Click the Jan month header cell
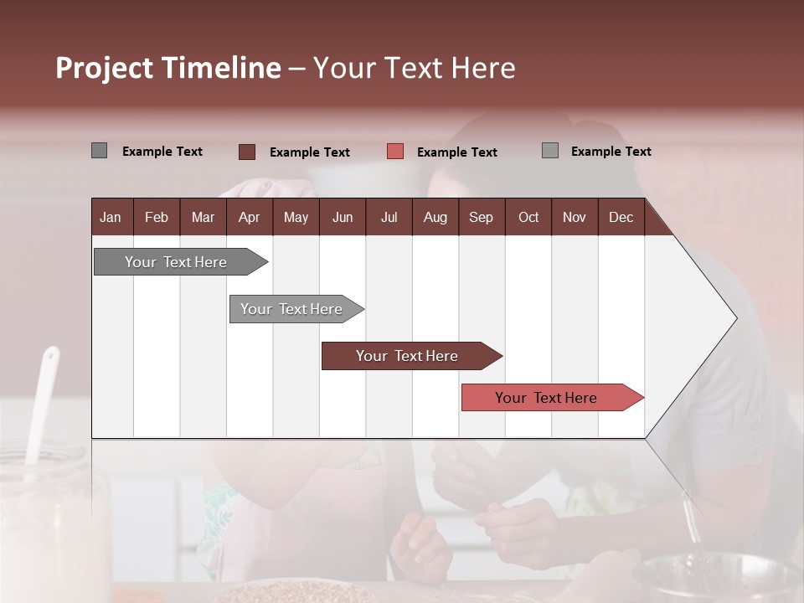(111, 218)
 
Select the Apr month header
(249, 218)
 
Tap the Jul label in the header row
(389, 218)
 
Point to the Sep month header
(481, 218)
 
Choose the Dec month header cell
(621, 218)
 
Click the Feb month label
(157, 218)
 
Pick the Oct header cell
(528, 218)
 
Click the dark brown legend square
(246, 152)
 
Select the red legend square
(395, 152)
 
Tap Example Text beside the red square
(457, 152)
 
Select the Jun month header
(343, 218)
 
